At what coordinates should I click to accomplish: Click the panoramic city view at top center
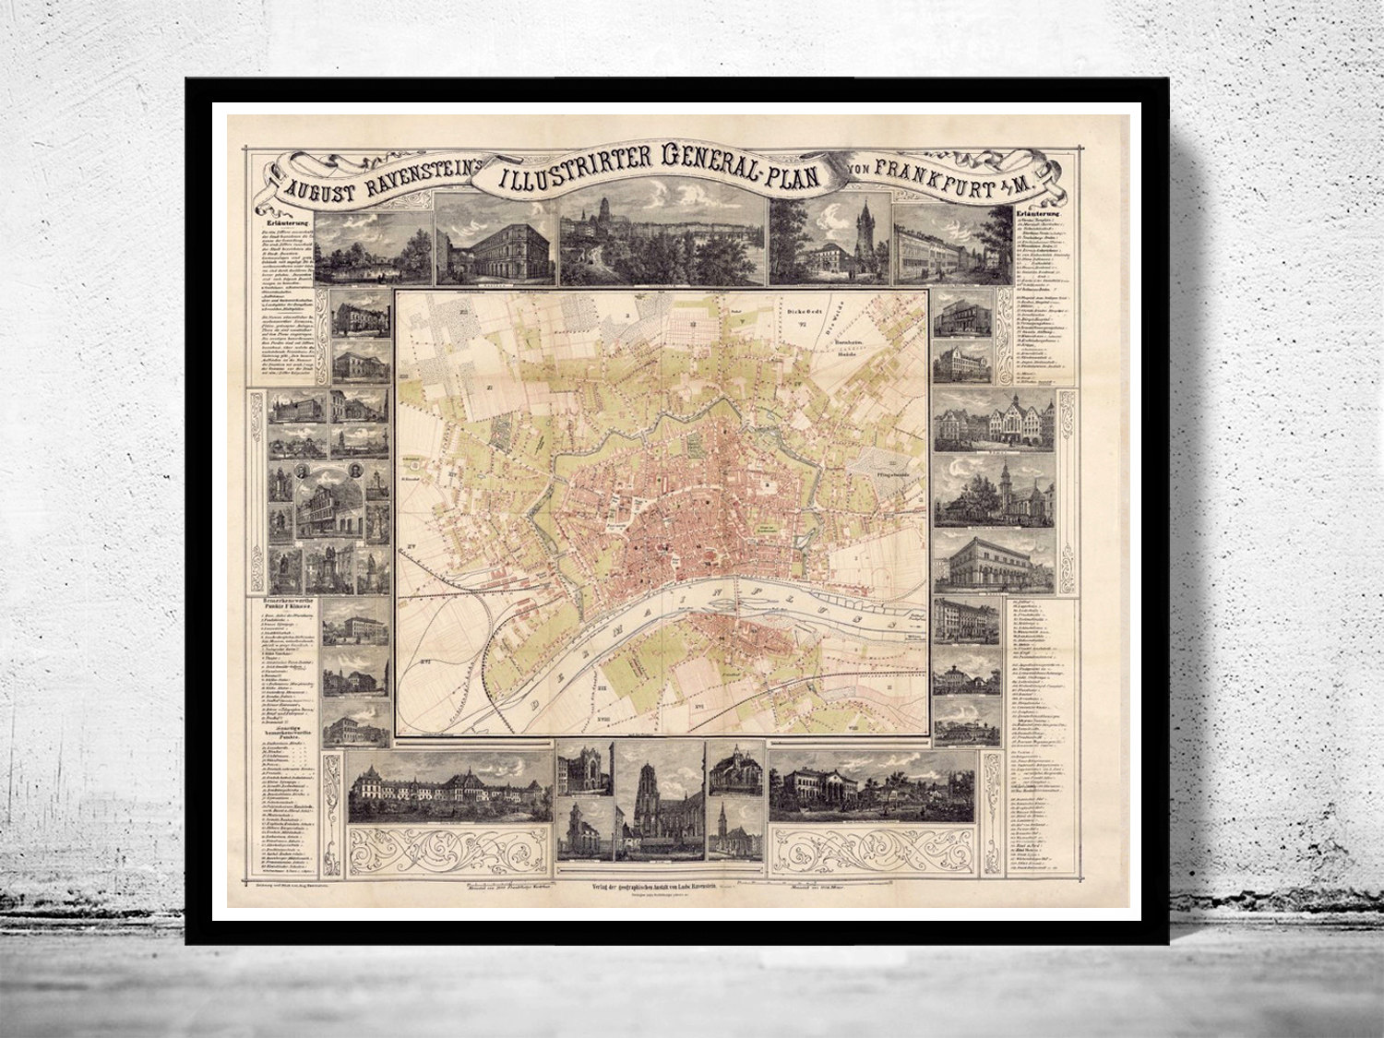662,243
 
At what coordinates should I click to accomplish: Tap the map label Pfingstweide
882,479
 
